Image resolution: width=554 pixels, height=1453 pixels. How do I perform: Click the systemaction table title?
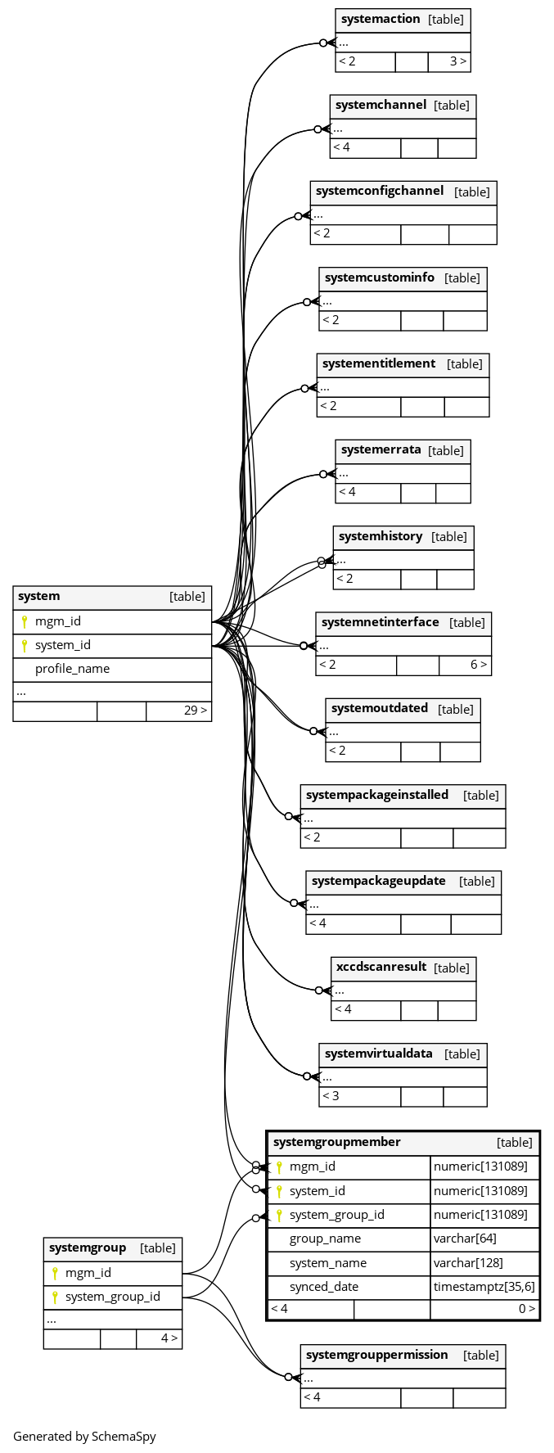pos(381,19)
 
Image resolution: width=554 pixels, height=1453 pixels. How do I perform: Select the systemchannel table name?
pos(381,105)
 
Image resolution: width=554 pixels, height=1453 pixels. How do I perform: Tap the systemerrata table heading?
pos(381,449)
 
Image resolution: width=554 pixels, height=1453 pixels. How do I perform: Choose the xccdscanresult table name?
pos(381,967)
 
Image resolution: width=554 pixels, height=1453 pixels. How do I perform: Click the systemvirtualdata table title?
pos(378,1054)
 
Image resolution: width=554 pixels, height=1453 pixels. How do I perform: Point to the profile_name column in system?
pos(72,669)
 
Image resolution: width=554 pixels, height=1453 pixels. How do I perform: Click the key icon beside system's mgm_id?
pos(25,621)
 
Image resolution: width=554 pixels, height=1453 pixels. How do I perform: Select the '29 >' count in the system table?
pos(196,711)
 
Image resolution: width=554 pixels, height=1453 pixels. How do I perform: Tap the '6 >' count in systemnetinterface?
pos(479,665)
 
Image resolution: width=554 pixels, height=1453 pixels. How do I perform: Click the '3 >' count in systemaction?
pos(458,61)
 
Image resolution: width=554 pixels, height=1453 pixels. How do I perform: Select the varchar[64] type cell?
pos(465,1239)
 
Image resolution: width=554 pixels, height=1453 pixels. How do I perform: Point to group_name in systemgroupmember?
pos(325,1239)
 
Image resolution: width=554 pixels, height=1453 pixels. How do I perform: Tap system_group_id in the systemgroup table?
pos(112,1297)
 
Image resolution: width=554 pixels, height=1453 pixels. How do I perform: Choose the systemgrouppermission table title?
pos(376,1355)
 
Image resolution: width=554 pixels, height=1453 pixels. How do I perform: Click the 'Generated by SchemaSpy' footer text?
pos(84,1436)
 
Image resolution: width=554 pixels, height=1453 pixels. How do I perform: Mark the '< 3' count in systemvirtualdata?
pos(331,1096)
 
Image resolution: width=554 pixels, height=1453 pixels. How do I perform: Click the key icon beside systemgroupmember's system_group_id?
pos(279,1215)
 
